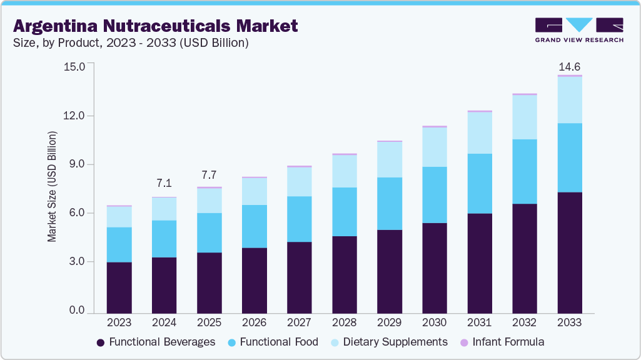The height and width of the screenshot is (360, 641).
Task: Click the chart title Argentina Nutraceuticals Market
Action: [x=155, y=26]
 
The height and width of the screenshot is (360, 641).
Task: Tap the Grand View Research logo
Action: [x=578, y=30]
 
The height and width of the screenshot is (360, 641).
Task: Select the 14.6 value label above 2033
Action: [x=570, y=66]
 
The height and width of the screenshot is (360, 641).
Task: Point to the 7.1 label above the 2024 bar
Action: [x=164, y=183]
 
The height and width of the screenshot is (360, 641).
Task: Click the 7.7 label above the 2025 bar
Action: [x=209, y=173]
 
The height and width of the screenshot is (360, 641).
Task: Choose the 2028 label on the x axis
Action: [x=344, y=322]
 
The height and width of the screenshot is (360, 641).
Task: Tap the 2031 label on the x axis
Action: [x=479, y=322]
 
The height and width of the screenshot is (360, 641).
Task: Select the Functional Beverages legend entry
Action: [x=156, y=342]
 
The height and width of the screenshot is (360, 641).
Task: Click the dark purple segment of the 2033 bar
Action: [x=570, y=252]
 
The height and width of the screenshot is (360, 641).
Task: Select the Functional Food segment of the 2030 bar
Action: [x=434, y=194]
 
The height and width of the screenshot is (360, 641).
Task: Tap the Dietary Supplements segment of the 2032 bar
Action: [x=524, y=117]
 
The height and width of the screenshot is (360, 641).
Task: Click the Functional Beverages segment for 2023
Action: [x=119, y=287]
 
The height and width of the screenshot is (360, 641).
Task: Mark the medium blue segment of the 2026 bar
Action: [x=254, y=226]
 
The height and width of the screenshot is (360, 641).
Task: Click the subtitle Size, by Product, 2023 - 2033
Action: [x=131, y=43]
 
